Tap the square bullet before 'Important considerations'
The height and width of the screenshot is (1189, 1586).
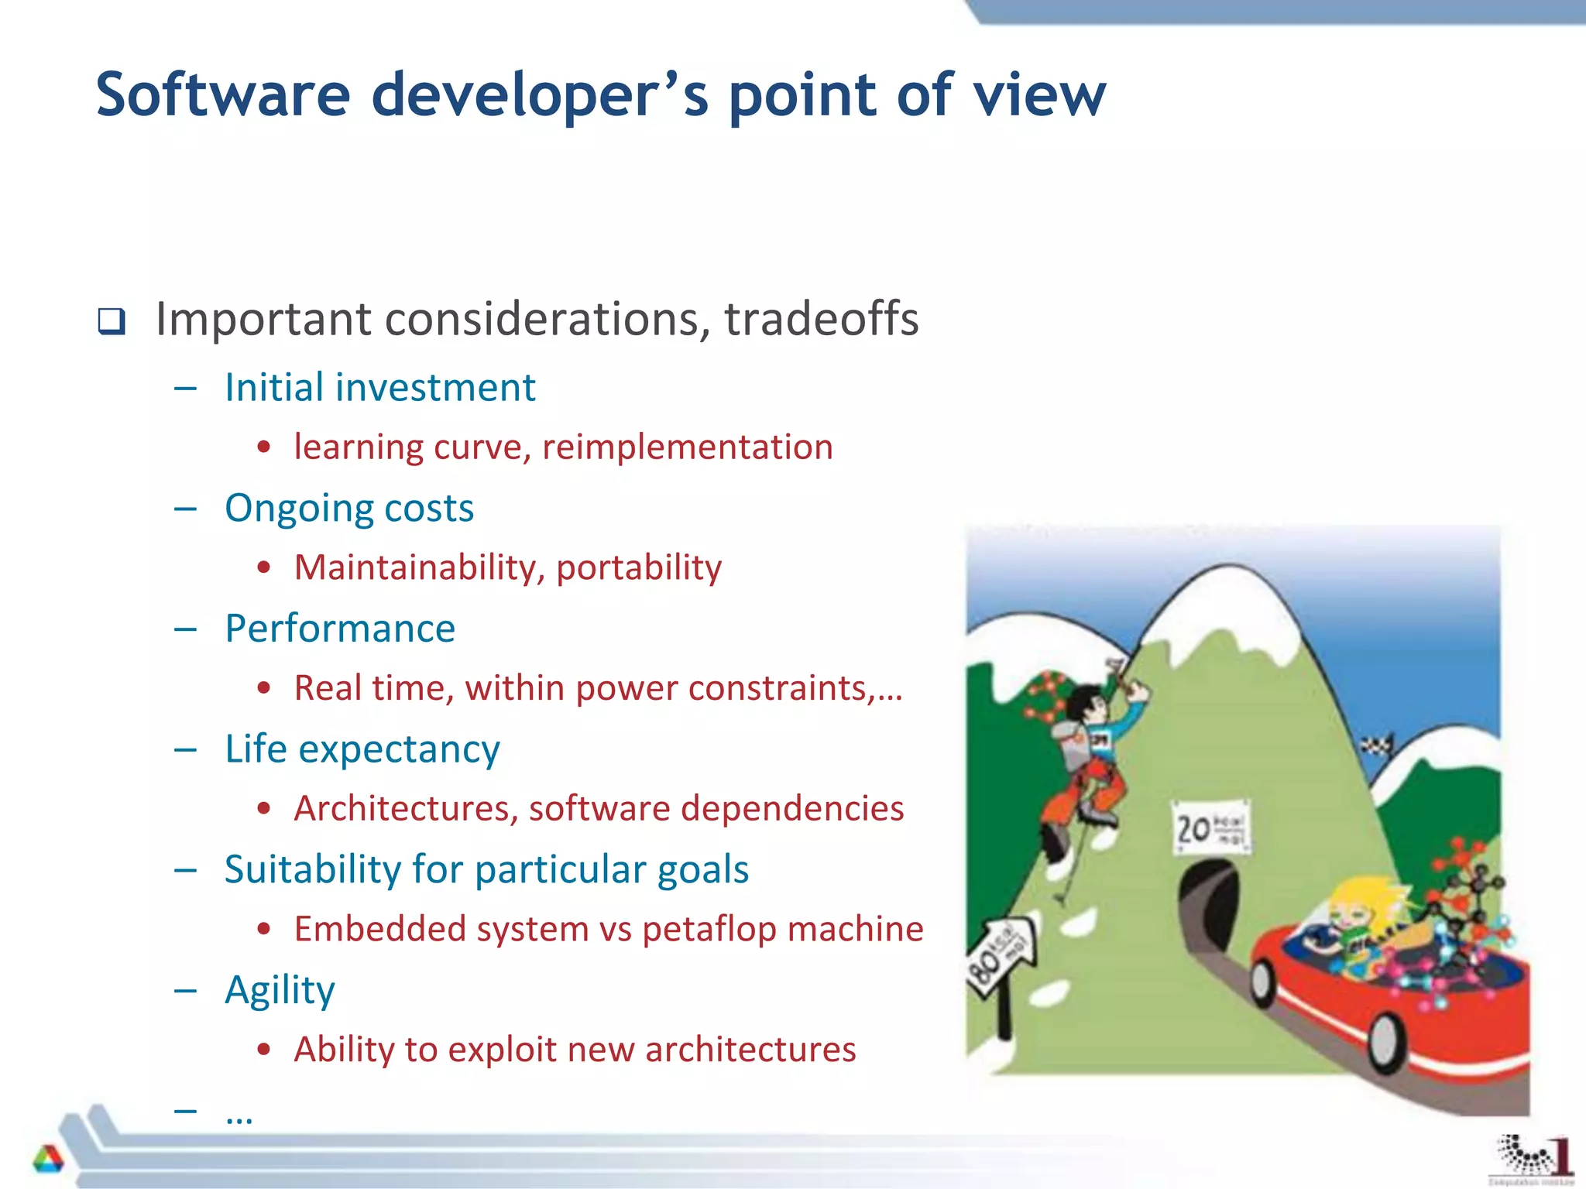coord(112,320)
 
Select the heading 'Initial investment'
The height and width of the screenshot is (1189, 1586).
coord(379,387)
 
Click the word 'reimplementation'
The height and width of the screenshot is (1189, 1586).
coord(687,447)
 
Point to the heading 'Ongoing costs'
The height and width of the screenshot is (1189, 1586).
coord(348,509)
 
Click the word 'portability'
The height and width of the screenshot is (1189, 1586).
coord(639,567)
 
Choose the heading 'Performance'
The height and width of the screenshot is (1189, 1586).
coord(339,629)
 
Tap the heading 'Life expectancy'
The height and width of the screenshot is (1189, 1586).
coord(362,749)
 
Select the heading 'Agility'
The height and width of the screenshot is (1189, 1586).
coord(280,990)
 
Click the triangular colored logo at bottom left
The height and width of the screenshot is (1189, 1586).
coord(48,1158)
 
